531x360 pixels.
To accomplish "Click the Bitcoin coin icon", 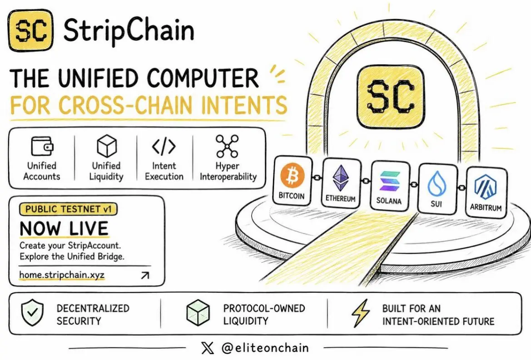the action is (x=292, y=176).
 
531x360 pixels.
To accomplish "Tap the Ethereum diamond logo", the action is (x=340, y=178).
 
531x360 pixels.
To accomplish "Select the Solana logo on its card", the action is (x=389, y=181).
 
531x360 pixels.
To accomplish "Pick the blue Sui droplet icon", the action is (x=437, y=184).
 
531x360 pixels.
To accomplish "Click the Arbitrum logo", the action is (x=485, y=188).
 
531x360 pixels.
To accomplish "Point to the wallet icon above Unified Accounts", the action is (x=42, y=146).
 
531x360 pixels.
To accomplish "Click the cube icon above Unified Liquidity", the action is (x=107, y=146).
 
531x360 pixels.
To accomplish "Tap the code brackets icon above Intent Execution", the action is (x=164, y=146).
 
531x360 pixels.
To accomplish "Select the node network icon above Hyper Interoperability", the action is (x=227, y=146).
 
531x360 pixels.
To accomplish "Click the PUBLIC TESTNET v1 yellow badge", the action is (x=69, y=209).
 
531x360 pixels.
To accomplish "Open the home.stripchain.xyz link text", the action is (x=62, y=275).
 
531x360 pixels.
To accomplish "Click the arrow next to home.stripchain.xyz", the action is (x=145, y=276).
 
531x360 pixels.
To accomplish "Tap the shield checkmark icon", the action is (x=32, y=313).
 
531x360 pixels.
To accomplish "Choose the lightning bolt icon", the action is (x=361, y=313).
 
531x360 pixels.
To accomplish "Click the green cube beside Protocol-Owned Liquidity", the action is (x=198, y=313).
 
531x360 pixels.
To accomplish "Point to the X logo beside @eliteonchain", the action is (x=208, y=348).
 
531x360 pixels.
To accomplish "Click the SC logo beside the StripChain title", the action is (x=31, y=30).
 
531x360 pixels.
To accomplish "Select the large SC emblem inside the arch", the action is (x=391, y=97).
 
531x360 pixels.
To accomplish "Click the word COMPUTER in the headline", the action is (x=203, y=78).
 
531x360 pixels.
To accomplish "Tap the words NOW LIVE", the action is (x=64, y=228).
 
